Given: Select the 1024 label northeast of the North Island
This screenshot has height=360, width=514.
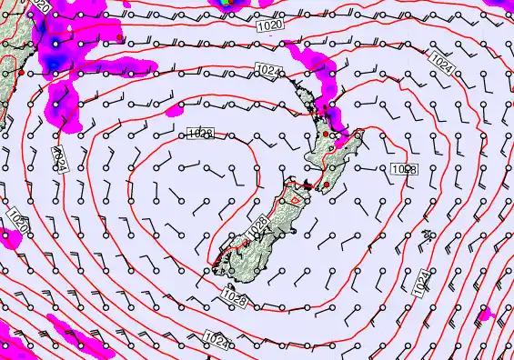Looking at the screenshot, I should pos(441,65).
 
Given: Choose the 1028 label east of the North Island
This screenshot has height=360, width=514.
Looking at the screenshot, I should pos(404,170).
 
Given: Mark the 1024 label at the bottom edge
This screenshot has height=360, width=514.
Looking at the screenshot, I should pos(216,339).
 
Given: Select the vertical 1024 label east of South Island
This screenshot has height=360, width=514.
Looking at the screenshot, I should pos(420,283).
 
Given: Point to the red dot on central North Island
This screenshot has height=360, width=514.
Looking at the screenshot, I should pos(327,134).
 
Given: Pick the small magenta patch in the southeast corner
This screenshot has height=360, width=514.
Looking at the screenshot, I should pos(487,314).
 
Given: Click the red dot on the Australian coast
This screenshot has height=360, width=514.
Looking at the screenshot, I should pos(22,70).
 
